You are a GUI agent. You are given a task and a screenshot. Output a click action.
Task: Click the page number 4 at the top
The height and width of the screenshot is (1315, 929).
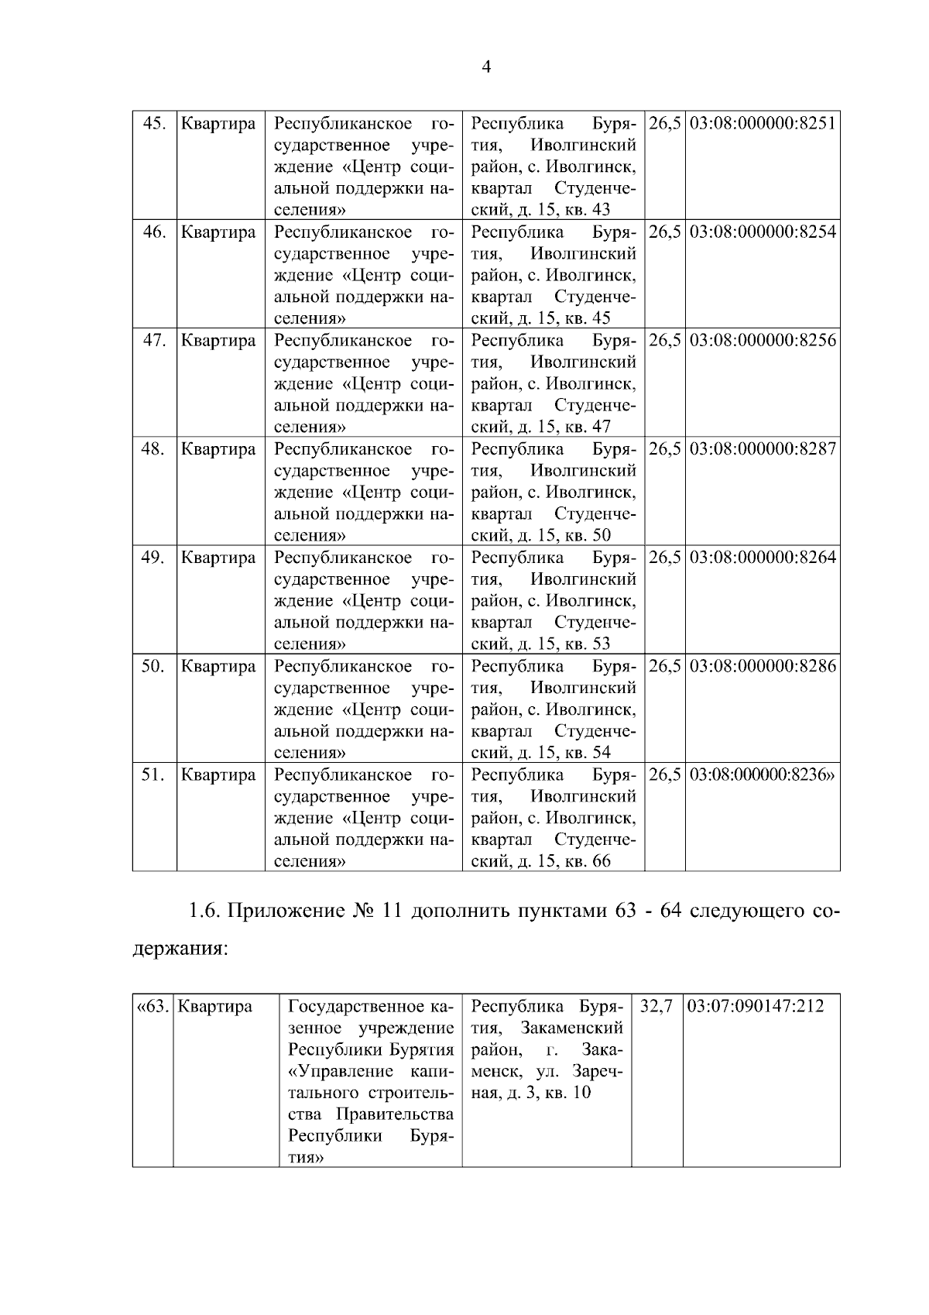486,67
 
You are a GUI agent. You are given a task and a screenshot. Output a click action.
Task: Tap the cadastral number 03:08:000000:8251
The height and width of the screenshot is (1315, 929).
762,124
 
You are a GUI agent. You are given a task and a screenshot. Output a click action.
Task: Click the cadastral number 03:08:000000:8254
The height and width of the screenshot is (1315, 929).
762,232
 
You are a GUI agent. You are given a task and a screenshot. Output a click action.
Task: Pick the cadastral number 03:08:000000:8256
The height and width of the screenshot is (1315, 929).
762,341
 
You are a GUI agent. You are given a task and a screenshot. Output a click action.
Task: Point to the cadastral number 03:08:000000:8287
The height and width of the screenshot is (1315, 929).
762,449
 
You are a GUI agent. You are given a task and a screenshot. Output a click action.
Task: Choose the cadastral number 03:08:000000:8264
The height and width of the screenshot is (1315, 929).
762,558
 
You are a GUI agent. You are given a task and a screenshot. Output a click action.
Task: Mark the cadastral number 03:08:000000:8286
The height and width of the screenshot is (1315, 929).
762,666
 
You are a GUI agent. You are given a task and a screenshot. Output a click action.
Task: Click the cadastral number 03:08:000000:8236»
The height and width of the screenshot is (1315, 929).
762,774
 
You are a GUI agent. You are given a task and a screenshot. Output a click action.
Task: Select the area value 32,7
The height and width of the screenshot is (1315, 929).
656,1007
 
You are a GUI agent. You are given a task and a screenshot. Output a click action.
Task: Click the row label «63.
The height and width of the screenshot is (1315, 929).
152,1007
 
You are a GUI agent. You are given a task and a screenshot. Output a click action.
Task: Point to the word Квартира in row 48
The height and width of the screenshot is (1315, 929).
218,449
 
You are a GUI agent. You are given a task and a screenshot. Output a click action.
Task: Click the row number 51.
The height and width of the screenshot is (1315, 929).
153,774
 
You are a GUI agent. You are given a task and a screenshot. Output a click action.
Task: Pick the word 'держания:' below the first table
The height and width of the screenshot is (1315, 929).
180,949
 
